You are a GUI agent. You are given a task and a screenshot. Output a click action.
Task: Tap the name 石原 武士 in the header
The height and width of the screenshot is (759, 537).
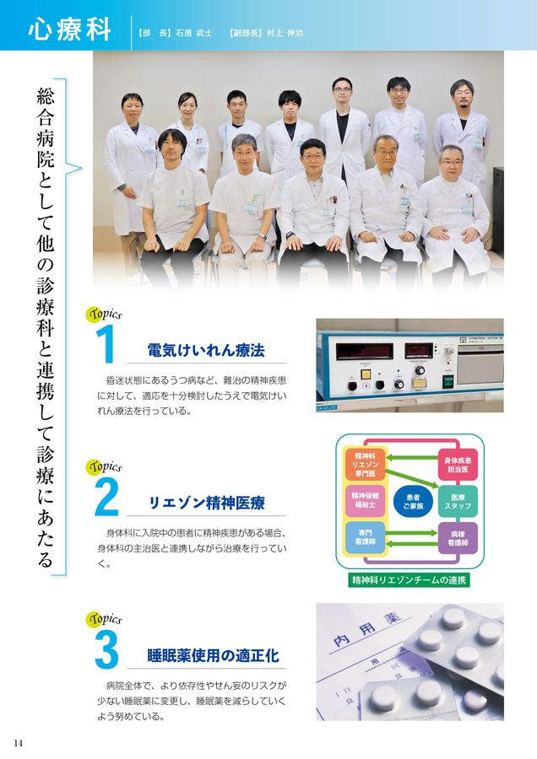point(193,32)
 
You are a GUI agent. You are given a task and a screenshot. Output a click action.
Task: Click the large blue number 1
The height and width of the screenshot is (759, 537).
point(105,346)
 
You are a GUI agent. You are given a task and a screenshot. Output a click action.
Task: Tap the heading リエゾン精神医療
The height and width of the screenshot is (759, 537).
point(206,503)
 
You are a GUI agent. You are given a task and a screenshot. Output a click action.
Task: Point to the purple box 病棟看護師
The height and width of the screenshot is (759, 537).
point(458,538)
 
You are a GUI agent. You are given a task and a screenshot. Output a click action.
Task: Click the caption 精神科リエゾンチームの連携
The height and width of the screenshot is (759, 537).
point(410,580)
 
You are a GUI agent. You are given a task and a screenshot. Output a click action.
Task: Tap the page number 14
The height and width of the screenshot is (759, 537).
point(18,742)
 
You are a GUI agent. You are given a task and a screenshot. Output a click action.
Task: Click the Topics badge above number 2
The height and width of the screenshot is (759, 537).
point(105,466)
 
